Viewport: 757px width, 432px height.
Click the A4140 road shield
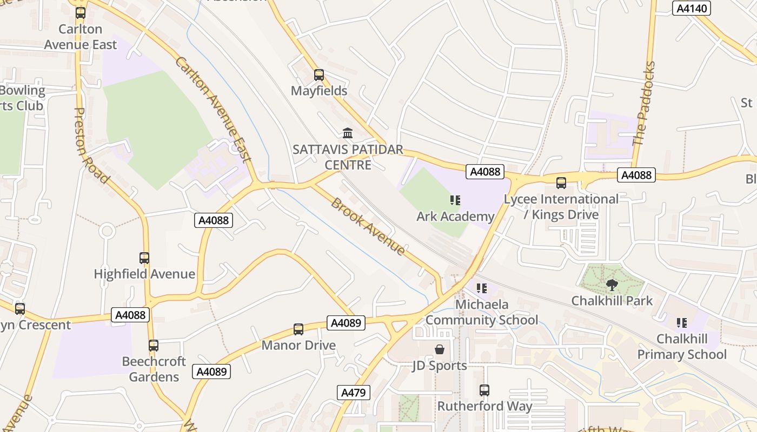tap(690, 8)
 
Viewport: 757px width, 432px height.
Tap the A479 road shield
tap(354, 393)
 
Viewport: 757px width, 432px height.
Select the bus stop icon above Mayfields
tap(319, 75)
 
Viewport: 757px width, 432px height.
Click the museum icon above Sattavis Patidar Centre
tap(348, 133)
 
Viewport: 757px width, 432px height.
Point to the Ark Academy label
tap(455, 217)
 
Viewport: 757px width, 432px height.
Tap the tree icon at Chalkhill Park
tap(612, 285)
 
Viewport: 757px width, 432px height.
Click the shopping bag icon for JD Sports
tap(440, 349)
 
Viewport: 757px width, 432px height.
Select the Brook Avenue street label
tap(368, 227)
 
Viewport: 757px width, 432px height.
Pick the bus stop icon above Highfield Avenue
tap(144, 258)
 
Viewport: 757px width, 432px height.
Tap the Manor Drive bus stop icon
tap(298, 329)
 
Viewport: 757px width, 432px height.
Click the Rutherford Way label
tap(484, 406)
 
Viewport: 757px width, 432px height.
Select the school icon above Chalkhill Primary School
tap(682, 323)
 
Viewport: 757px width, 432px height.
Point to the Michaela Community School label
tap(481, 312)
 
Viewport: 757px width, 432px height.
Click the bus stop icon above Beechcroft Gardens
tap(154, 346)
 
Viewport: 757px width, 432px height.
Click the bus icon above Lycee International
tap(561, 183)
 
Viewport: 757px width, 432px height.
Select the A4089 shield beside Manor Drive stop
tap(346, 323)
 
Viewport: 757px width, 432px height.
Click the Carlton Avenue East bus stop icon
tap(80, 12)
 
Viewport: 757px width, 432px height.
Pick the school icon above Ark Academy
tap(455, 201)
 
